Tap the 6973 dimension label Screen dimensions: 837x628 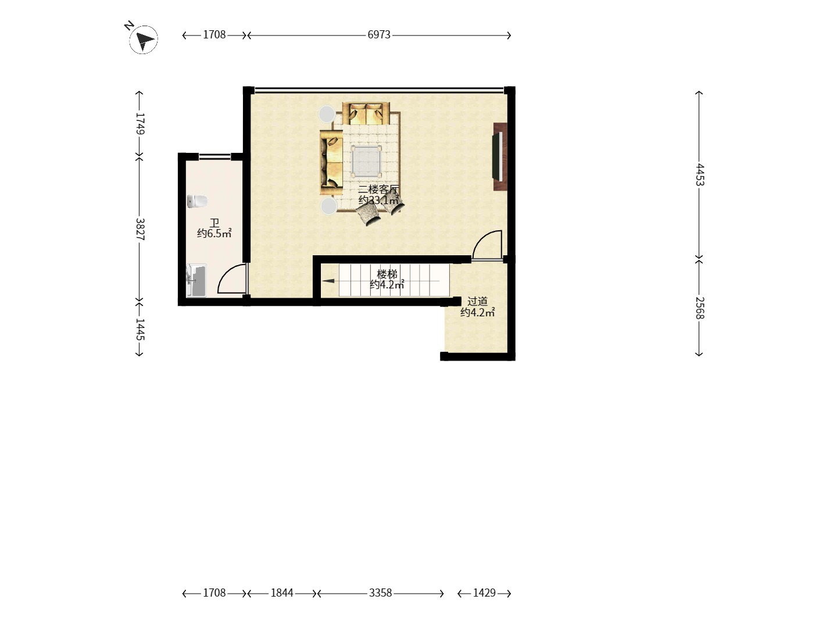coord(378,35)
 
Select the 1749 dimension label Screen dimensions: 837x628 coord(140,123)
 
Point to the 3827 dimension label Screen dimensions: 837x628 coord(140,229)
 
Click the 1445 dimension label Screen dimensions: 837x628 coord(140,329)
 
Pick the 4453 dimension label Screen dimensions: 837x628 coord(700,174)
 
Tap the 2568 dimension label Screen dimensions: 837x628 coord(700,308)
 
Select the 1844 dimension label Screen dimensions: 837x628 coord(282,593)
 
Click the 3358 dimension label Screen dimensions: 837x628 coord(380,593)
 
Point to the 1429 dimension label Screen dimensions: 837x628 coord(484,593)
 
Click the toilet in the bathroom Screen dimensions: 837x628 coord(197,201)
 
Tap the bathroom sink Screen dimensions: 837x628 coord(196,281)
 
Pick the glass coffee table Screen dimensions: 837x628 coord(366,161)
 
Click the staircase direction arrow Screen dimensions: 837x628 coord(328,281)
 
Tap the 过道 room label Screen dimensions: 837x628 coord(477,302)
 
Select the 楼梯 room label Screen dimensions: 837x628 coord(387,274)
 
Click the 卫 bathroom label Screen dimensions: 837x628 coord(214,223)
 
